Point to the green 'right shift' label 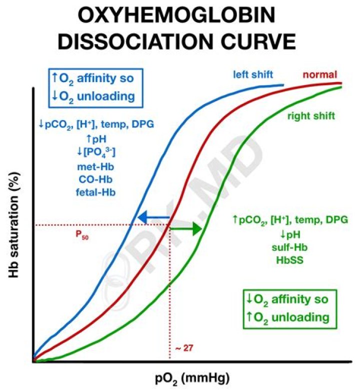(310, 116)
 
